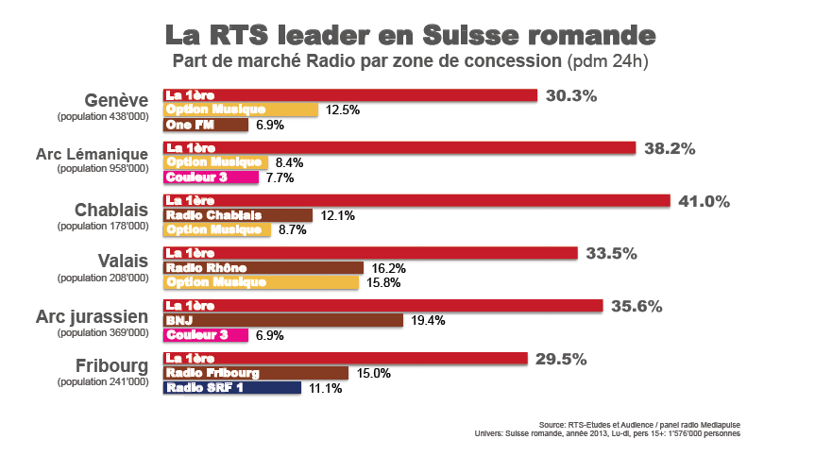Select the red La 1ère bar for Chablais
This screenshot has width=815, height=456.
[416, 200]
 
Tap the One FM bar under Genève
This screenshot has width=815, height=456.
[206, 125]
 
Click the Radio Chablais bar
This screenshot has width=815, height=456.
[238, 215]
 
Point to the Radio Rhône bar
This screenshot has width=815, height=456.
[263, 268]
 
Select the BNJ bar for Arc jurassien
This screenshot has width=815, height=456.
[283, 321]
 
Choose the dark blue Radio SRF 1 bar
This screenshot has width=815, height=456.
[232, 388]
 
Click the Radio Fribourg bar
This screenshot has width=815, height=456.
[256, 373]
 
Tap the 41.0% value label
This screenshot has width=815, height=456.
[704, 201]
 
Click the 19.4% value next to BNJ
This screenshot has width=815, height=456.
[428, 321]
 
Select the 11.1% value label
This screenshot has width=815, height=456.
[325, 388]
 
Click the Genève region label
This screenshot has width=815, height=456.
[116, 101]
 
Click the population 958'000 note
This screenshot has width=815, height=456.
[102, 169]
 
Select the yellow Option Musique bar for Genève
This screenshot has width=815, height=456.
[241, 110]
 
